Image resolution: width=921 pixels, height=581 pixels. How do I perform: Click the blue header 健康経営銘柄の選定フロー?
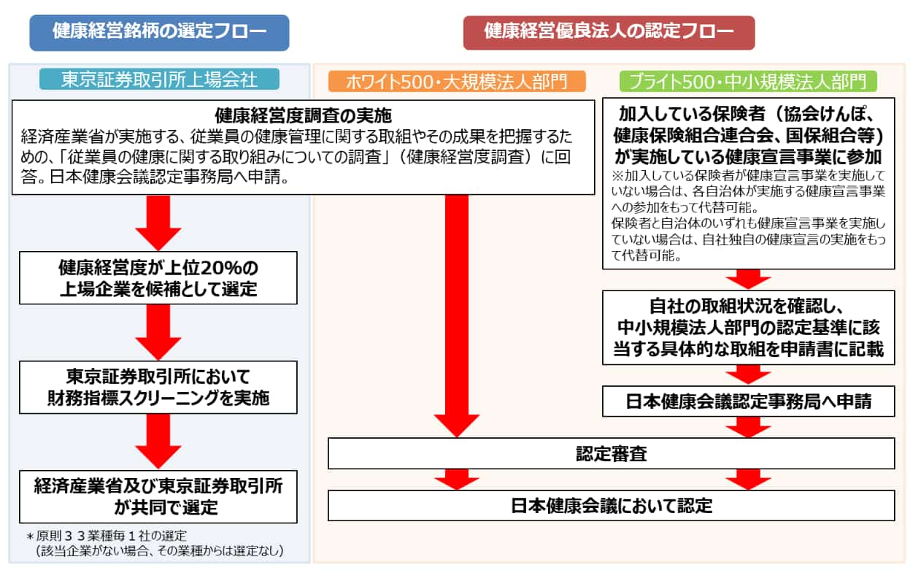(x=159, y=33)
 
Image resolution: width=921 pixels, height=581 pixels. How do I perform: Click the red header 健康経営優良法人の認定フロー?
(x=609, y=33)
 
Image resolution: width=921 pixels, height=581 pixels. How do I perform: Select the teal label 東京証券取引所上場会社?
(x=159, y=80)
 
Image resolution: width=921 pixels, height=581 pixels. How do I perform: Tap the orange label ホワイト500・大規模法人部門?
(x=457, y=82)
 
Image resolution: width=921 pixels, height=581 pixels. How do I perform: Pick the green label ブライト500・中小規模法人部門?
(x=748, y=82)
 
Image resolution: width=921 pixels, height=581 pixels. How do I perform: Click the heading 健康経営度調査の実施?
(x=303, y=116)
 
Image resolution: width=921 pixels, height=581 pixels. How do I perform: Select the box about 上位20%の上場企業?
(x=158, y=278)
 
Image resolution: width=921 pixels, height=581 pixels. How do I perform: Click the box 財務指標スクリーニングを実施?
(x=158, y=388)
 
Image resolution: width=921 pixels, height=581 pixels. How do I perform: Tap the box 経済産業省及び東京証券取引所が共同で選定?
(x=158, y=497)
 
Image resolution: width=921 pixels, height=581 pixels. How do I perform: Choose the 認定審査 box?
(x=611, y=453)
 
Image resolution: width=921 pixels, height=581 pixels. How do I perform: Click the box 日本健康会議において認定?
(x=611, y=505)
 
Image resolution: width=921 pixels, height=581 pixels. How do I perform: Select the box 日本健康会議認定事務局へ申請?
(x=748, y=401)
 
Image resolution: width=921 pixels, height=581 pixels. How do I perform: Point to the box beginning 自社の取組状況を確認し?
(x=748, y=328)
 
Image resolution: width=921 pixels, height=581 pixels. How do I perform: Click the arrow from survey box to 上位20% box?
(x=158, y=223)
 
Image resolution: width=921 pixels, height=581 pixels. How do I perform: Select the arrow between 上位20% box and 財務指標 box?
(x=158, y=332)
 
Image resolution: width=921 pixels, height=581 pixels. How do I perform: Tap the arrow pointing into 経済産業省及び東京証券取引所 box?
(x=158, y=442)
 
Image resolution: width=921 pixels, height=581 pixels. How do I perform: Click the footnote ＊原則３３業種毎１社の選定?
(x=107, y=536)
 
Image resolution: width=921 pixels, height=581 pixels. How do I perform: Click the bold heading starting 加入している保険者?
(x=748, y=135)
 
